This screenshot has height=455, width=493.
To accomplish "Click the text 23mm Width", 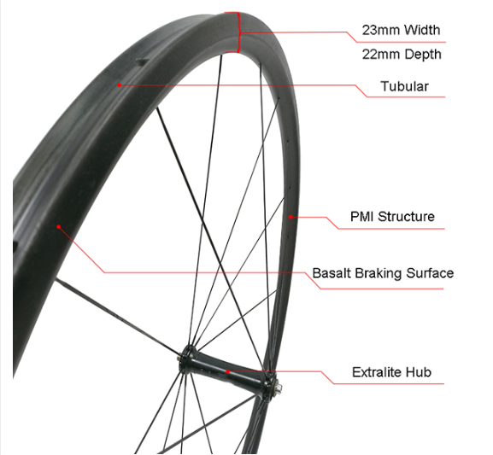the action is pyautogui.click(x=401, y=30).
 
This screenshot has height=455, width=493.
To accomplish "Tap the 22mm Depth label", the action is pyautogui.click(x=402, y=55).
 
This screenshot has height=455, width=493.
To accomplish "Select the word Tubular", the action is pyautogui.click(x=404, y=86).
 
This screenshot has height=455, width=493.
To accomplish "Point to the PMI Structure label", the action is pyautogui.click(x=392, y=217).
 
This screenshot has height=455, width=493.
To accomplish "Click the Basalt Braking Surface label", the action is pyautogui.click(x=383, y=273).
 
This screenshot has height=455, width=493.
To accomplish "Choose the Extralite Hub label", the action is pyautogui.click(x=391, y=372).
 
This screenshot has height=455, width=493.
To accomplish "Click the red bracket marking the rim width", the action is pyautogui.click(x=238, y=32).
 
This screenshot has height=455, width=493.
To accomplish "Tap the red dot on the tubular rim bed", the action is pyautogui.click(x=120, y=85).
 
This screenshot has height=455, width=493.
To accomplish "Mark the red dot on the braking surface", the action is pyautogui.click(x=58, y=226).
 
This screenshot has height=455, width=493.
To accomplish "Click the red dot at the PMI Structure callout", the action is pyautogui.click(x=291, y=217).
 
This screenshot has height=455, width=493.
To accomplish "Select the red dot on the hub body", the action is pyautogui.click(x=227, y=371).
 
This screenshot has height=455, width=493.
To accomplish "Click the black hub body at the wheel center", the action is pyautogui.click(x=227, y=370).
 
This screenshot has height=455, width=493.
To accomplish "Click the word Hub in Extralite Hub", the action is pyautogui.click(x=419, y=372).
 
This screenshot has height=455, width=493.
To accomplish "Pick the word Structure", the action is pyautogui.click(x=406, y=217).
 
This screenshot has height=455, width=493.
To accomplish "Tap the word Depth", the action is pyautogui.click(x=423, y=55).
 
